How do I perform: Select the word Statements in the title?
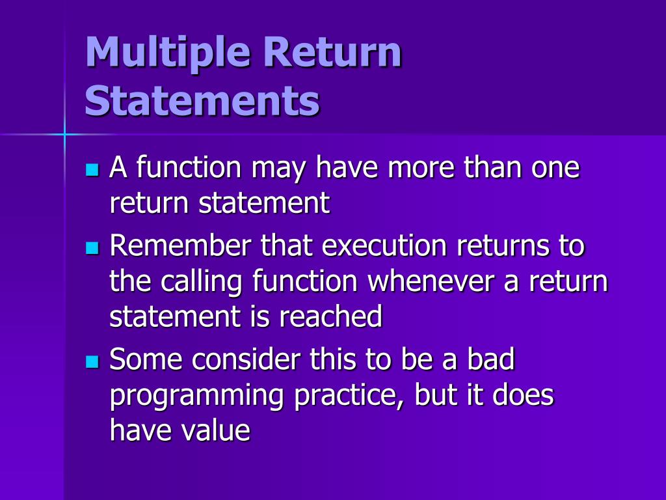202,102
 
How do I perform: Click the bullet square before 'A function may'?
92,171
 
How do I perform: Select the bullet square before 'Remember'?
92,248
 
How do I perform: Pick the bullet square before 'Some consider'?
92,361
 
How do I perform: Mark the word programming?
196,396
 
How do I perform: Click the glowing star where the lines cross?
64,134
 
